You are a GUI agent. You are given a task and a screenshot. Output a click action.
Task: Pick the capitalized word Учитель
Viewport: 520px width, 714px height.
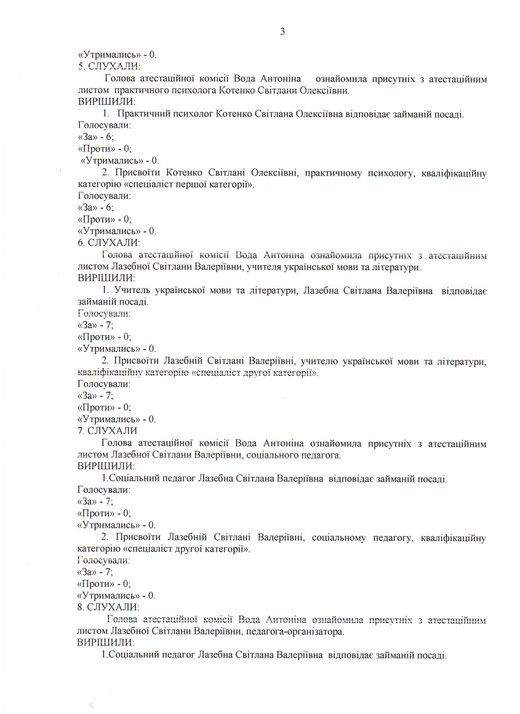130,291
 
